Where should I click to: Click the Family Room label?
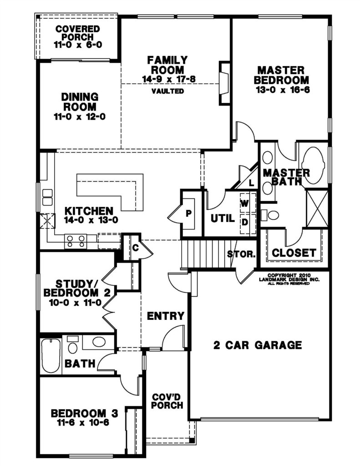click(x=167, y=65)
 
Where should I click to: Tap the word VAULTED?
click(x=167, y=91)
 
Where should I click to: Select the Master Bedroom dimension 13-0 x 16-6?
click(x=283, y=90)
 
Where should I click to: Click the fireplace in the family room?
click(x=224, y=83)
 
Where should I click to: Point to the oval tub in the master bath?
click(x=312, y=164)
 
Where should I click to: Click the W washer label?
click(x=244, y=203)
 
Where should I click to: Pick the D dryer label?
click(x=245, y=222)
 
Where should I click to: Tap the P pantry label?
click(x=188, y=213)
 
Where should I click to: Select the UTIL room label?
click(x=223, y=219)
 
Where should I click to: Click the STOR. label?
click(x=241, y=254)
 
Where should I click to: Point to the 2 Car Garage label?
click(x=258, y=345)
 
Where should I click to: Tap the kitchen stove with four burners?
click(x=76, y=241)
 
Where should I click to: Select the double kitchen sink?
click(x=48, y=198)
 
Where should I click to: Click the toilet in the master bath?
click(x=270, y=215)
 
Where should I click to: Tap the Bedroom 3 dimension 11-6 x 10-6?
click(x=84, y=422)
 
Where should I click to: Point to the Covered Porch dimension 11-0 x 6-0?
click(x=78, y=45)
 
